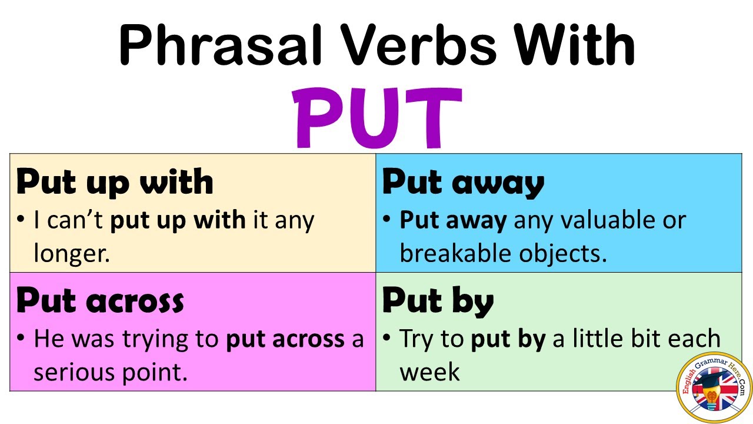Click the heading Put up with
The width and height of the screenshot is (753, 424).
click(115, 182)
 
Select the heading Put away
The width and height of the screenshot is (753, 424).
click(463, 182)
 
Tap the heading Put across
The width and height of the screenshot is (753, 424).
click(100, 301)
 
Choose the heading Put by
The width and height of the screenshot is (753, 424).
click(438, 301)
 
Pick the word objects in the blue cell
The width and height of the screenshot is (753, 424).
click(562, 254)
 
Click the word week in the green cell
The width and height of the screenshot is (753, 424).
click(429, 372)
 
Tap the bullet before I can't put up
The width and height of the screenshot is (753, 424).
click(22, 220)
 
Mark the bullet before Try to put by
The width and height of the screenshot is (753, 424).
click(388, 339)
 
